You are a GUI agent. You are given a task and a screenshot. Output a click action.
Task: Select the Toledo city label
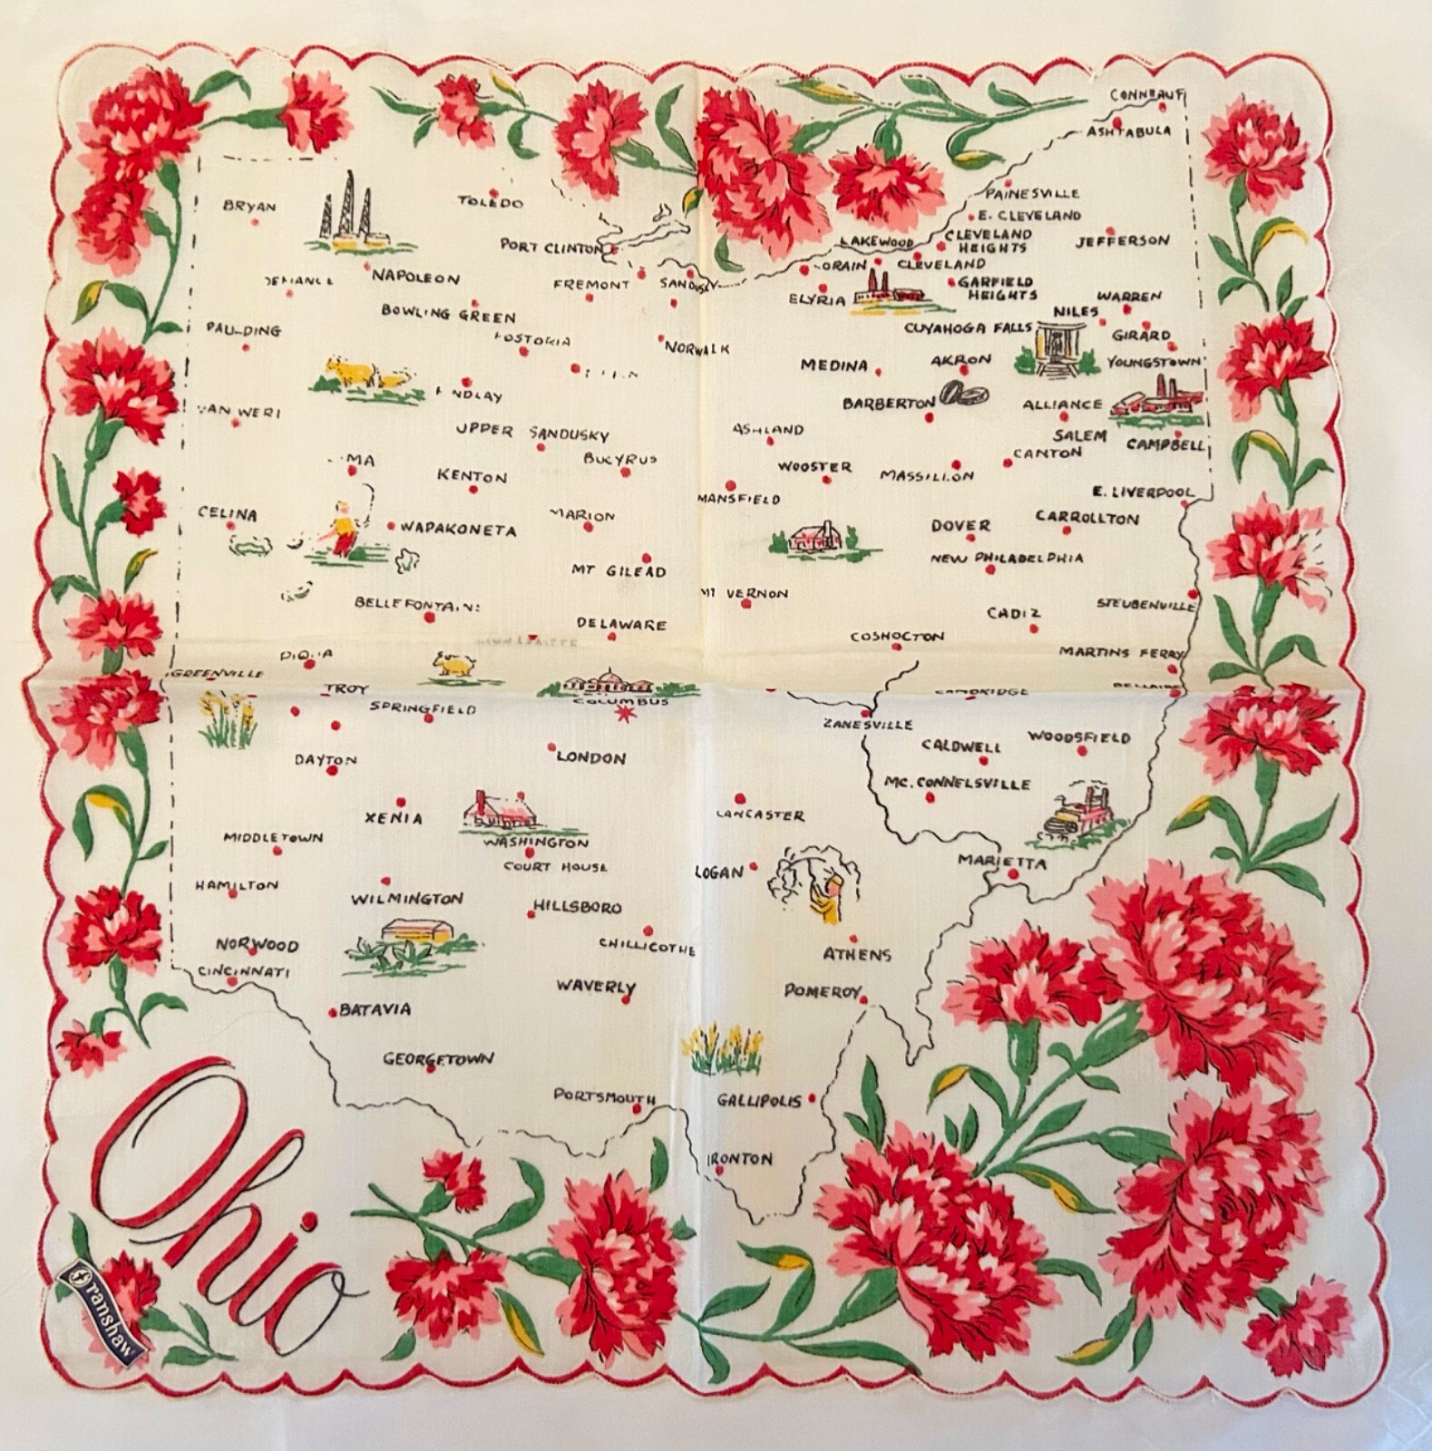coord(490,201)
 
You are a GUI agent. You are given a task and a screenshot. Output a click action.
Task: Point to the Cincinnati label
coord(242,972)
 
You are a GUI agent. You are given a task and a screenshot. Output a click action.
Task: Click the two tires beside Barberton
coord(964,394)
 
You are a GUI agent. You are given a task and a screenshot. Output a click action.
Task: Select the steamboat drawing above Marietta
coord(1079,809)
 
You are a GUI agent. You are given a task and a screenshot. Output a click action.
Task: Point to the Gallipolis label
coord(758,1100)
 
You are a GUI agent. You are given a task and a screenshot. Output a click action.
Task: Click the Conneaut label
coord(1146,94)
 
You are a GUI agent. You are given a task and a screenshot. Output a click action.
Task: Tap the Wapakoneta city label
coord(458,530)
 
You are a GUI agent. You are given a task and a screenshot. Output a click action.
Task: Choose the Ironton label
coord(740,1159)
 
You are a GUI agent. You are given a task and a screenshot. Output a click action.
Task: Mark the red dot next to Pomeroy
coord(864,1000)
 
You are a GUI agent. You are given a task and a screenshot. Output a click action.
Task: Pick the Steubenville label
coord(1145,603)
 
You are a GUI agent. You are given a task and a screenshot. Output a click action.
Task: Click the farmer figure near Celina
coord(342,526)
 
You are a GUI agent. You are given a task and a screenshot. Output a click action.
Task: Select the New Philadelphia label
coord(1007,558)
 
